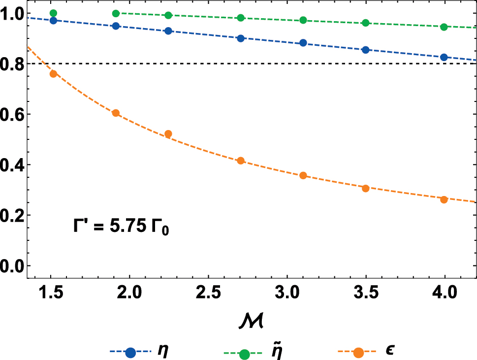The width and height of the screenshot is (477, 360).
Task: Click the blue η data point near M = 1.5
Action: tap(53, 21)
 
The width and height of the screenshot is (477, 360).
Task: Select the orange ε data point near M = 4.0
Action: tap(444, 199)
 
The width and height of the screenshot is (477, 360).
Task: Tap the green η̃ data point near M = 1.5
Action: tap(53, 13)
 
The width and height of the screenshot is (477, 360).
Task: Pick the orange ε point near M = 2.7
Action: tap(241, 161)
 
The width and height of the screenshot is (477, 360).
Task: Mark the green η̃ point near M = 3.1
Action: tap(303, 20)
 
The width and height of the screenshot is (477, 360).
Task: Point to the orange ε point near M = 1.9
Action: tap(116, 113)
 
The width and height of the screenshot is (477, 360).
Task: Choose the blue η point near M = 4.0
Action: tap(444, 57)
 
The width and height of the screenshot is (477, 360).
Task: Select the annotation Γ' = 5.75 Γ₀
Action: tap(121, 229)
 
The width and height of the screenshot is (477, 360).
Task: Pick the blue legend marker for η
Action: tap(130, 353)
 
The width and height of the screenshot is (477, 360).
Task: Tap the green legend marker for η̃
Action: tap(244, 353)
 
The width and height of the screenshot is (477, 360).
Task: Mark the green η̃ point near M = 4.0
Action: tap(444, 27)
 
